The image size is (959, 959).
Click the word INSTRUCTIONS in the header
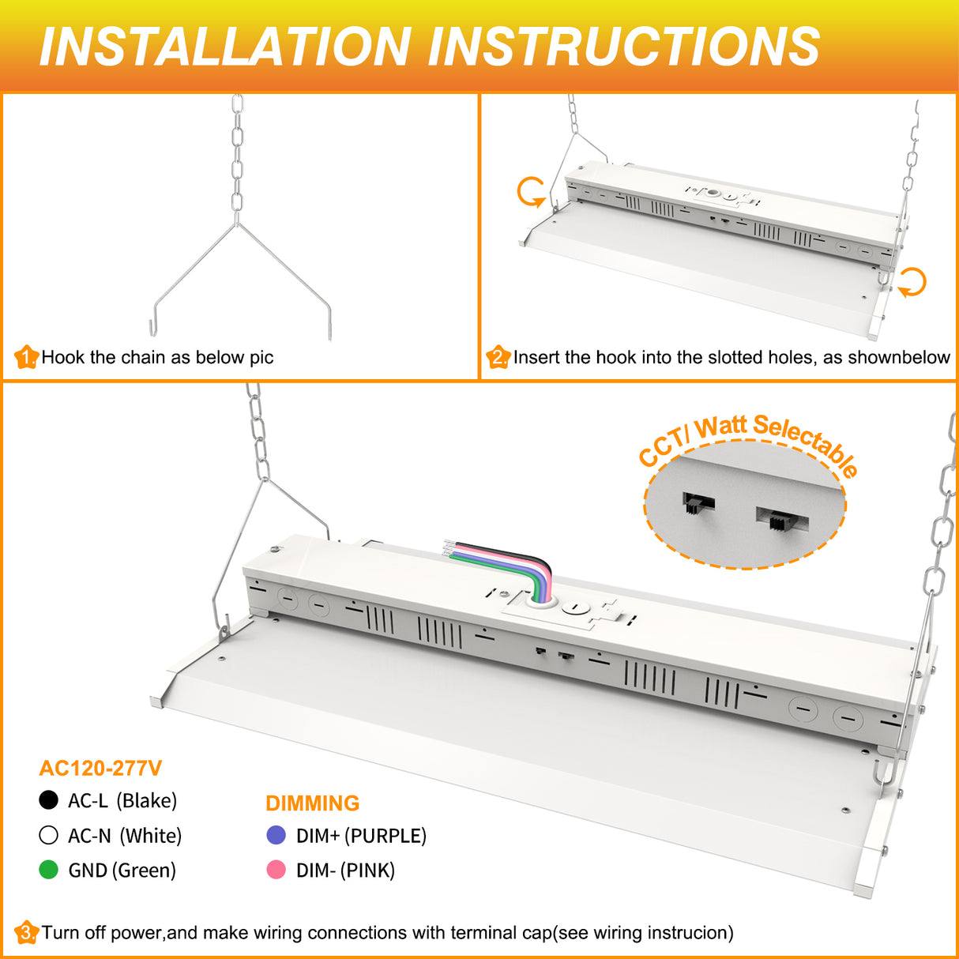click(623, 46)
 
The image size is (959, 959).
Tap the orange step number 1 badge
click(26, 358)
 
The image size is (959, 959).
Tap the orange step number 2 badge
click(498, 358)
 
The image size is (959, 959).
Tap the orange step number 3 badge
click(26, 933)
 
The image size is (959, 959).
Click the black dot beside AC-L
click(49, 800)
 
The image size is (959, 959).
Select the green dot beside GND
click(49, 870)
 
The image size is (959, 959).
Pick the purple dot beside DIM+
click(276, 835)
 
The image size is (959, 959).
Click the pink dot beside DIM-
click(276, 870)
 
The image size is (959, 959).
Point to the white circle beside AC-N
click(49, 835)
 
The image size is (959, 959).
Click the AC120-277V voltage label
click(100, 768)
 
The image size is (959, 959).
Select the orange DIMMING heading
click(312, 803)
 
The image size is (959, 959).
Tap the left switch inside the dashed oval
click(698, 502)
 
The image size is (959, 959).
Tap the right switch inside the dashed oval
click(781, 519)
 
